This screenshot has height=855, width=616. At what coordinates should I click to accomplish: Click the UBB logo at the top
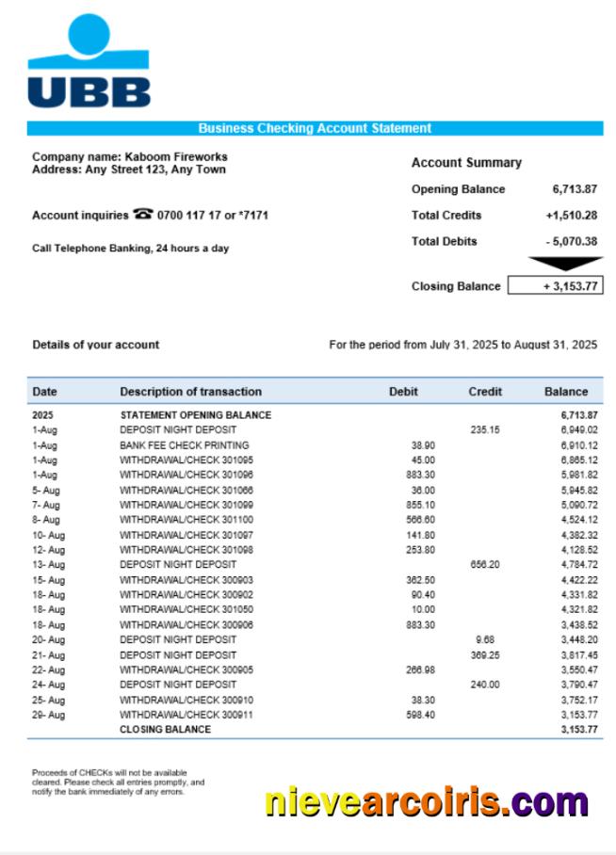89,62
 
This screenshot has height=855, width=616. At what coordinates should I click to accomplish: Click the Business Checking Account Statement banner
315,128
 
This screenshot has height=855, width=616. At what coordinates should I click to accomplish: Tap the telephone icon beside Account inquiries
143,215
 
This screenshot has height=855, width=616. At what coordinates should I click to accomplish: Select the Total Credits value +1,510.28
571,215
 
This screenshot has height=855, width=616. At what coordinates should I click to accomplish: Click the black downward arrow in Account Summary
564,264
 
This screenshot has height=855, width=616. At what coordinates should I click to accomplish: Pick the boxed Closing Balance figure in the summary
555,286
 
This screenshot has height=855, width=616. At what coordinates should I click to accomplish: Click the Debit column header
403,392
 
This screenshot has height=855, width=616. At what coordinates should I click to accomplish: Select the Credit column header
485,392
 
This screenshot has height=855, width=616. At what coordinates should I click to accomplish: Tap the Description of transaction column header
190,392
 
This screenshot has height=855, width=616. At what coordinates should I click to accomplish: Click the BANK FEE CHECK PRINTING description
185,444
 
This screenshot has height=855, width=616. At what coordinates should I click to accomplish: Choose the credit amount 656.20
485,565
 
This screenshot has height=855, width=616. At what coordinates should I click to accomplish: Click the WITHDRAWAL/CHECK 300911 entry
186,715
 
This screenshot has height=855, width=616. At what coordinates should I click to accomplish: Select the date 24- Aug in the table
49,685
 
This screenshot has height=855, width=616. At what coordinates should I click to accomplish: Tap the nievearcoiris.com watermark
427,801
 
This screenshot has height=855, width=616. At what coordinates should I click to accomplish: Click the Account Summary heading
466,162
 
